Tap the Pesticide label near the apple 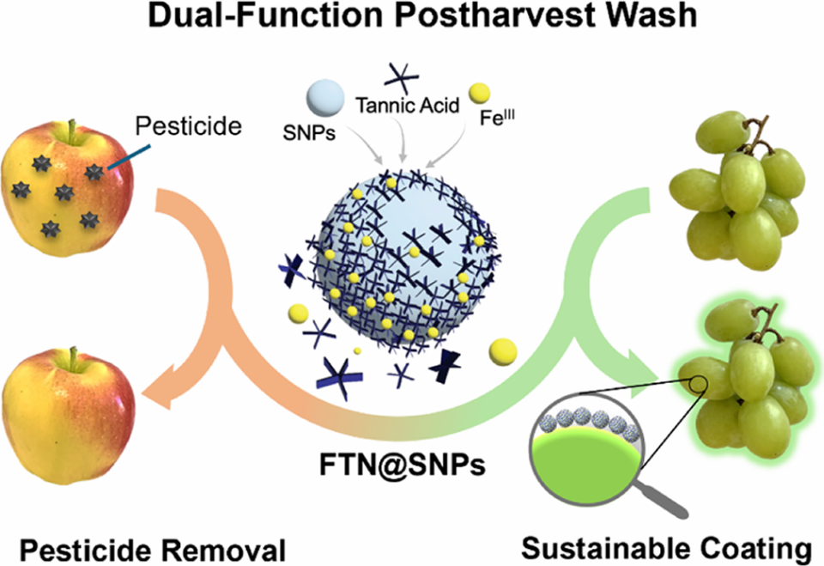(x=189, y=126)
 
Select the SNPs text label (x=309, y=133)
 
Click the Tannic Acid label (x=408, y=106)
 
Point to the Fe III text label (x=497, y=117)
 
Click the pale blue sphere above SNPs (x=326, y=98)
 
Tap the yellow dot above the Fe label (x=479, y=93)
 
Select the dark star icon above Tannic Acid (x=402, y=78)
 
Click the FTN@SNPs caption (x=403, y=465)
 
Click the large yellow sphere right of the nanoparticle (x=503, y=352)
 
